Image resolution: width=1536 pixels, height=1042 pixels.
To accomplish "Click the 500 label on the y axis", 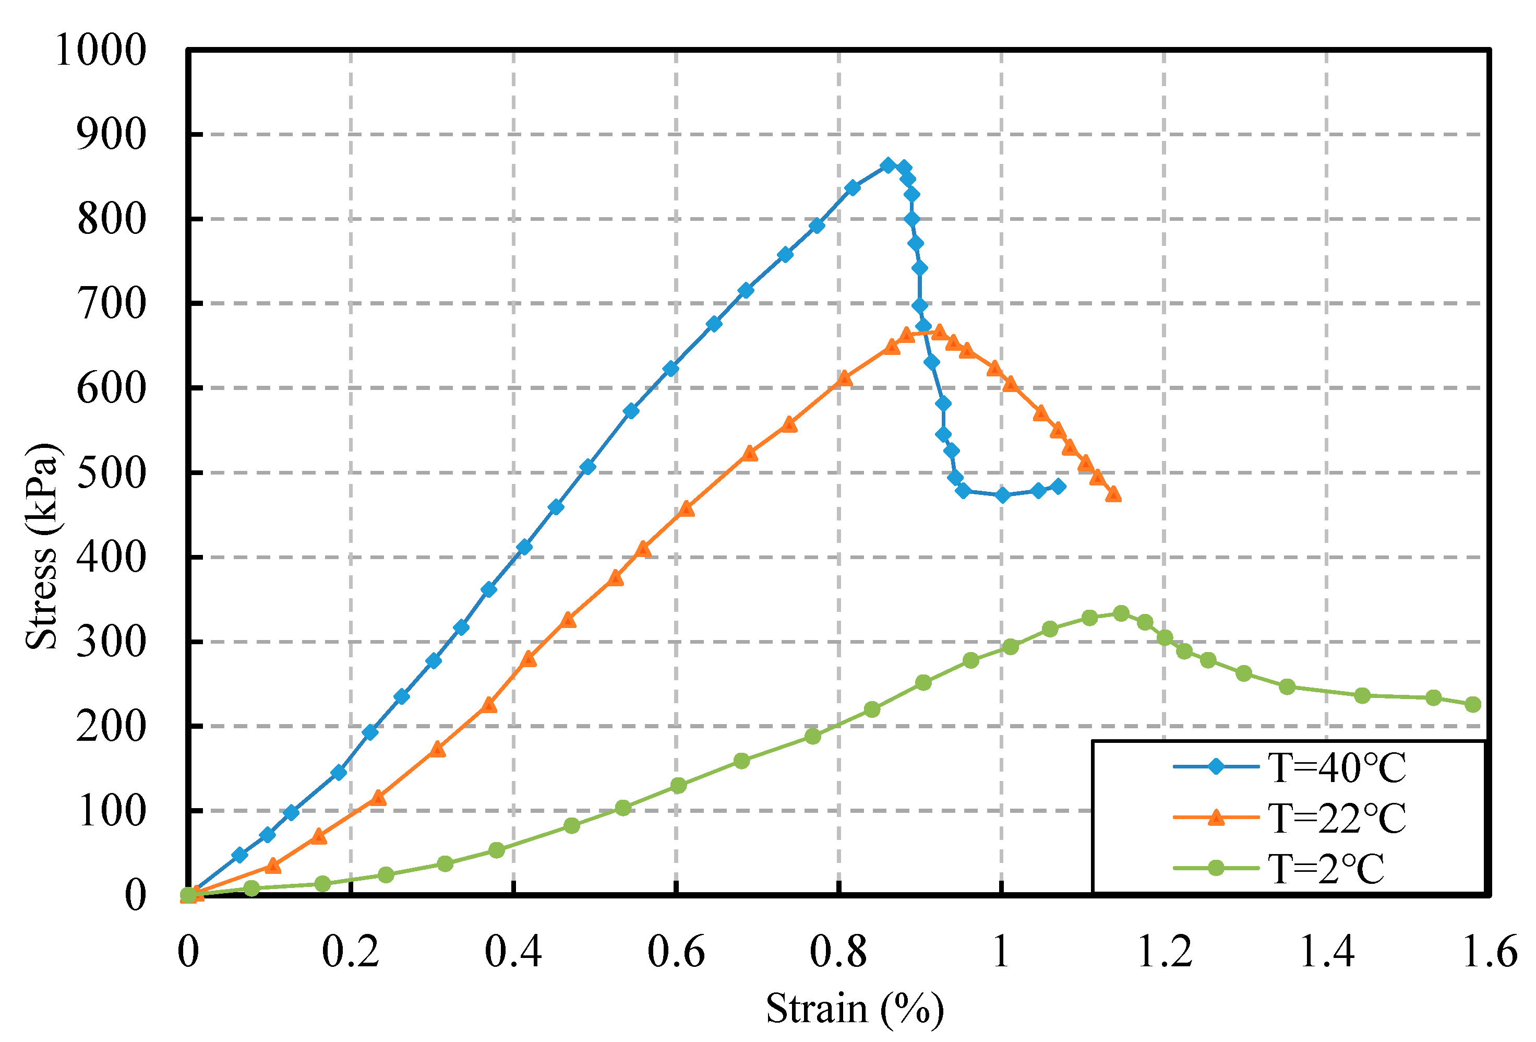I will tap(111, 473).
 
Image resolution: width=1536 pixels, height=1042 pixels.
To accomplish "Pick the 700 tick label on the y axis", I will tap(111, 304).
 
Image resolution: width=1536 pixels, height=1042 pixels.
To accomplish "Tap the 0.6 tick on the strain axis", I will tap(676, 953).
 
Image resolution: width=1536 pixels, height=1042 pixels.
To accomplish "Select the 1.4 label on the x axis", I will tap(1326, 953).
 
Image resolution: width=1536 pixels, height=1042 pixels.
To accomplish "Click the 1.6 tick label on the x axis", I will tap(1489, 953).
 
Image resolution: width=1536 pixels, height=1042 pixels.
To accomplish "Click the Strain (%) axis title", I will tap(855, 1009).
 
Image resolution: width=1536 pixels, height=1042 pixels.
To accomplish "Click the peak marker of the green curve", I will tap(1121, 613).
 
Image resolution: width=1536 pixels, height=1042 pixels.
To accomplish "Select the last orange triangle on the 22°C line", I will tap(1113, 494).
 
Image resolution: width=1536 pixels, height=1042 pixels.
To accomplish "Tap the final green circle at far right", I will tap(1472, 705).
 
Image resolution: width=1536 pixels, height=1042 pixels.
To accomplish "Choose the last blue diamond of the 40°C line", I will tap(1058, 486).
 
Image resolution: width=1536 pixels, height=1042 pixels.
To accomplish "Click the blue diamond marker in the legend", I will tap(1216, 767).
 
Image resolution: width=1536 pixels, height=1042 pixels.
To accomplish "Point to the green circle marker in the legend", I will tap(1216, 868).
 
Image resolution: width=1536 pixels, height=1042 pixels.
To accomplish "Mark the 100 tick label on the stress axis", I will tap(111, 812).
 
